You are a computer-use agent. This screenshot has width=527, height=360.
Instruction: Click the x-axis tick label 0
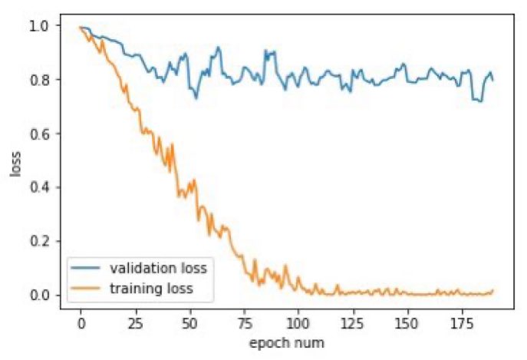tap(81, 322)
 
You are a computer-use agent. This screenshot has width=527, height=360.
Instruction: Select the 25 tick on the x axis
tap(135, 322)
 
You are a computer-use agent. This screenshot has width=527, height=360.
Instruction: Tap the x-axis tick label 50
tap(189, 322)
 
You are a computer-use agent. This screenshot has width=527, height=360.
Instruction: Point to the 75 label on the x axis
tap(244, 322)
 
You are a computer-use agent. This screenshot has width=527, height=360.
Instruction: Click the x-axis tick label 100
tap(298, 322)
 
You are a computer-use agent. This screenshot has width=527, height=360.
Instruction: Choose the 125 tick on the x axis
tap(353, 322)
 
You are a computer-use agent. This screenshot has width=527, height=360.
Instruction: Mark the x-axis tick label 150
tap(407, 322)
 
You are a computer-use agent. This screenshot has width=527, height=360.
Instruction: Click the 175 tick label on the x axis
tap(462, 322)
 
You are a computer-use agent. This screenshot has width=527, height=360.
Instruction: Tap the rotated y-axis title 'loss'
tap(16, 160)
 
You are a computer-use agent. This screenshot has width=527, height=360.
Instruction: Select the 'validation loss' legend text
tap(162, 269)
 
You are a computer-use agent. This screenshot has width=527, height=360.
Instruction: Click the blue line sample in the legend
tap(87, 269)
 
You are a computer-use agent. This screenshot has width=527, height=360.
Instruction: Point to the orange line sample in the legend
tap(87, 289)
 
